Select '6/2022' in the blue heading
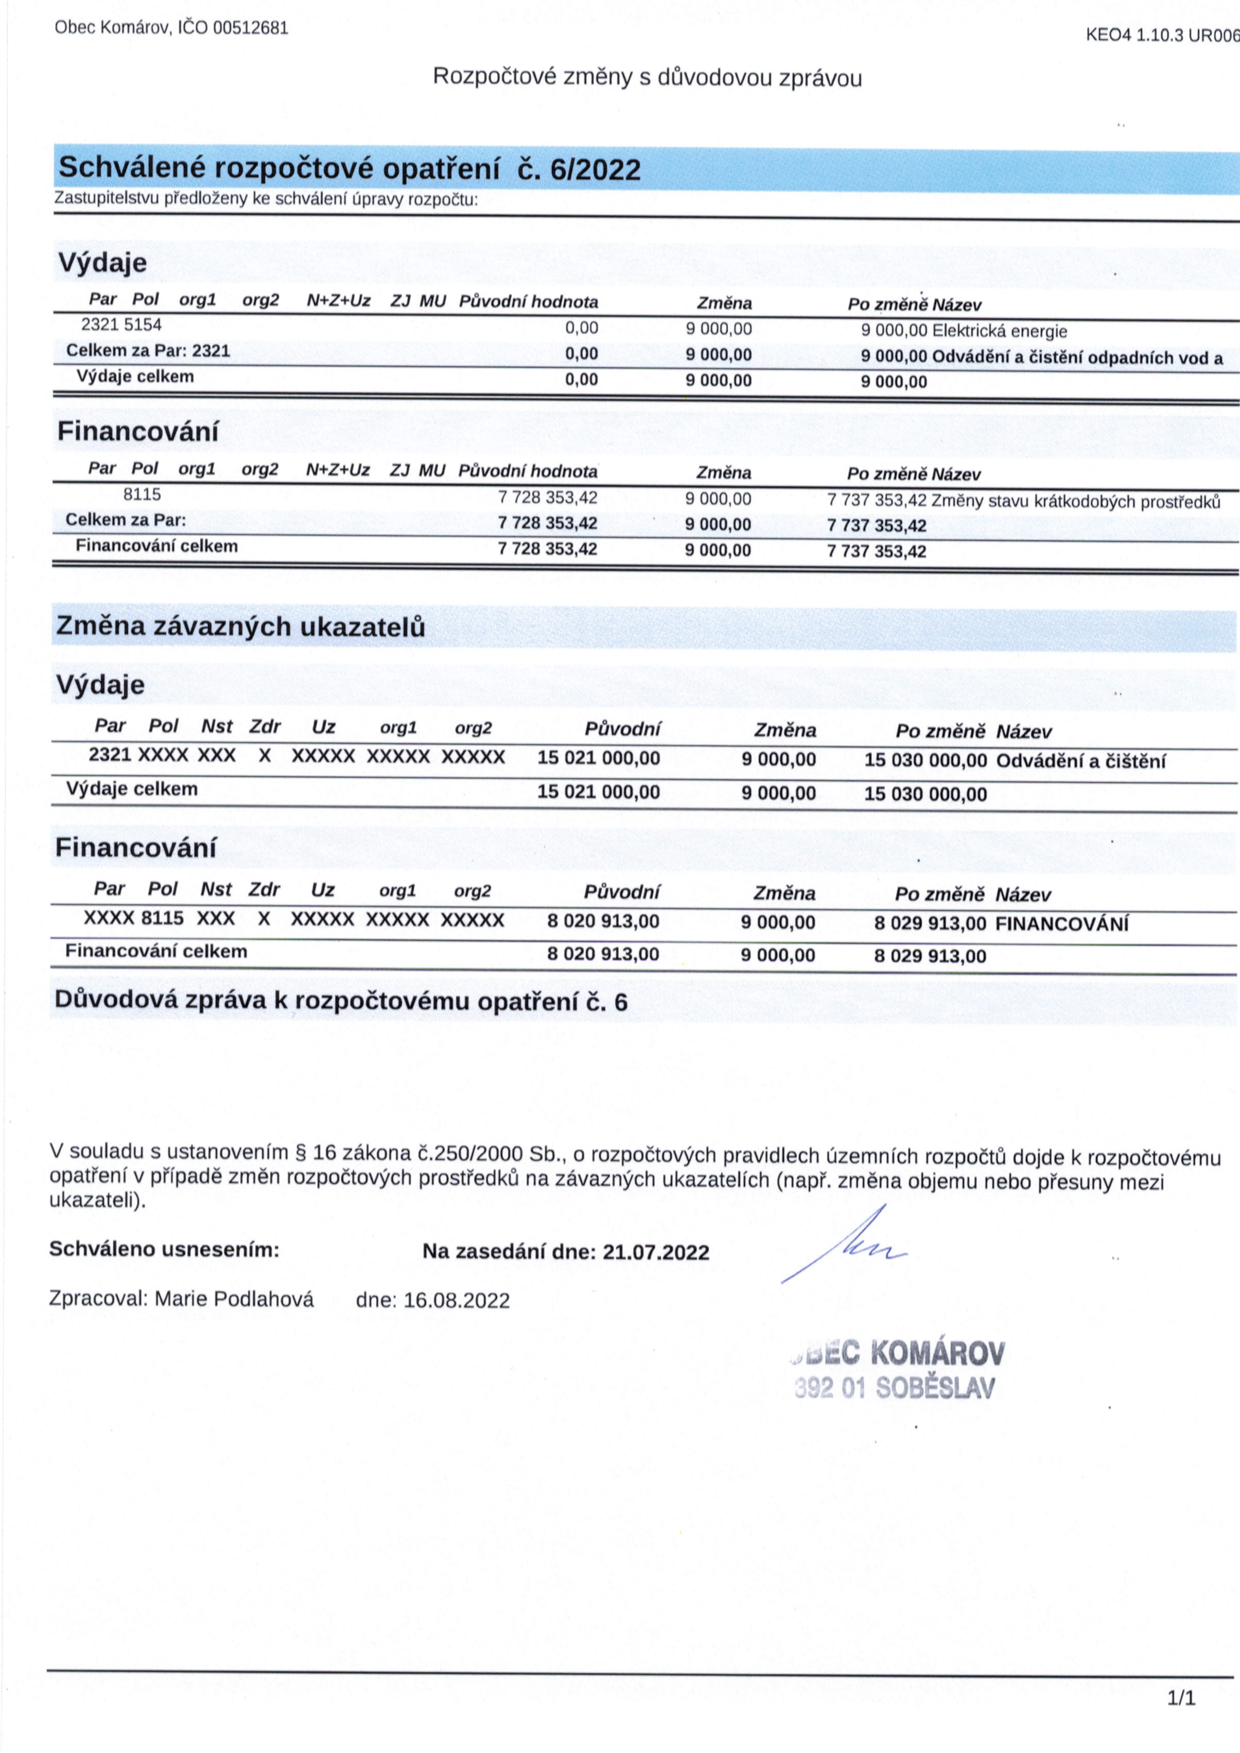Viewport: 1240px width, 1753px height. (x=595, y=169)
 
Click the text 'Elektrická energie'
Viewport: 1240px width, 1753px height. (x=1000, y=332)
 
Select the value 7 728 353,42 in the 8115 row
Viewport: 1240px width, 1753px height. (x=548, y=498)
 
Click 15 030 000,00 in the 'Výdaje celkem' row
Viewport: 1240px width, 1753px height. (x=925, y=794)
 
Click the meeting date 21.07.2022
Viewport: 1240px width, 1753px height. (x=656, y=1252)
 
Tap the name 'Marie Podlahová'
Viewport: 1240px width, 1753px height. (x=234, y=1299)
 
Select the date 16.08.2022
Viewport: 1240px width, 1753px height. (x=456, y=1301)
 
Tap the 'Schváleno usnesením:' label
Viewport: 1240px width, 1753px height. (x=164, y=1250)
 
